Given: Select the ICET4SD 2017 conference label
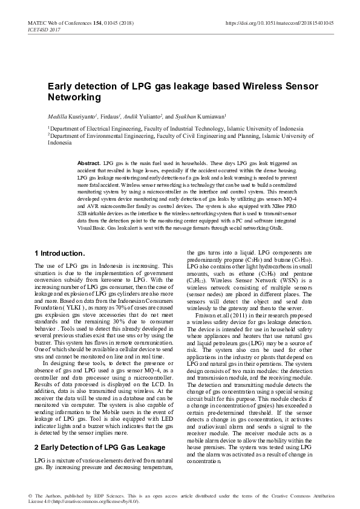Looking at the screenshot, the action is [x=44, y=29].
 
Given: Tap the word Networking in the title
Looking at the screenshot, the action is [x=74, y=97].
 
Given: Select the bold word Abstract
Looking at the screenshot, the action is [x=90, y=164].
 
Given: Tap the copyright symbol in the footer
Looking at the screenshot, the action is [x=30, y=495].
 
